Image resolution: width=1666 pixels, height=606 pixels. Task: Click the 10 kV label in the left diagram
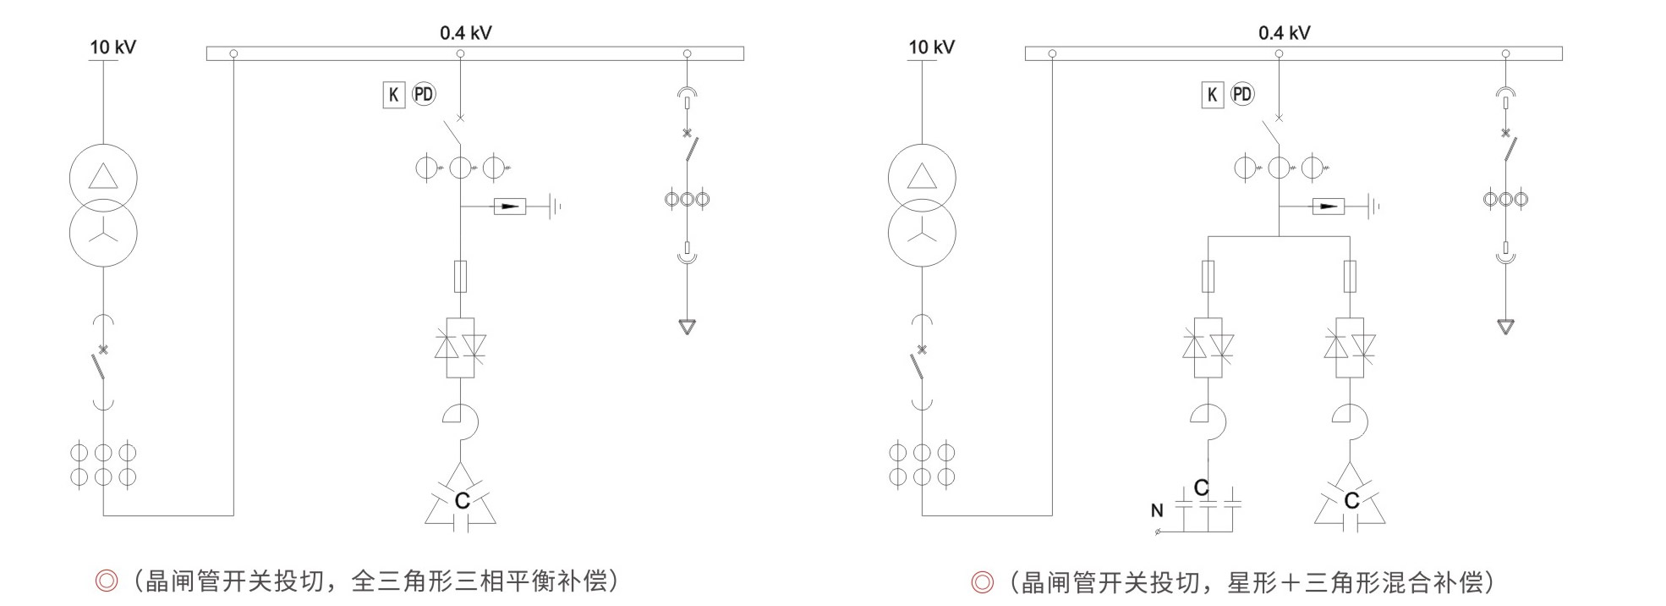(x=113, y=47)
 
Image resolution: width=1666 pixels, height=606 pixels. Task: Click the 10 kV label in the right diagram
(x=932, y=47)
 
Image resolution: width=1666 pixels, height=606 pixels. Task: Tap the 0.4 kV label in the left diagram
(x=465, y=33)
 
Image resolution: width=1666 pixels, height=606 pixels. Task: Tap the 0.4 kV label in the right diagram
(x=1284, y=33)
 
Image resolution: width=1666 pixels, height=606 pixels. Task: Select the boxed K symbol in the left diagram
(x=393, y=95)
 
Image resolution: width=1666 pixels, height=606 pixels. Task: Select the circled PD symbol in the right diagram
(x=1242, y=94)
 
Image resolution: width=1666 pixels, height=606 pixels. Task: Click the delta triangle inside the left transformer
(x=103, y=176)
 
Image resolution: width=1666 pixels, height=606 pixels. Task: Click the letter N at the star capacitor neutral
(x=1157, y=510)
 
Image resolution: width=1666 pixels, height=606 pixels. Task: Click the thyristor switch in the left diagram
(x=460, y=347)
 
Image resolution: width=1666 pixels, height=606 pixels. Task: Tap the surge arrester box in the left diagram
(x=509, y=206)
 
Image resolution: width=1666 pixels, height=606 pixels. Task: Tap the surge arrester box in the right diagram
(x=1328, y=206)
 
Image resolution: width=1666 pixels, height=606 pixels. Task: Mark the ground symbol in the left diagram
(x=555, y=206)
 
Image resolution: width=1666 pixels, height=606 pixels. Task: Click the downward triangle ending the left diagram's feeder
(x=688, y=326)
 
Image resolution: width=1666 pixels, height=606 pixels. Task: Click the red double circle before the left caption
(x=107, y=581)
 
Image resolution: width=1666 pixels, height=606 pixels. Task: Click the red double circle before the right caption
(x=982, y=582)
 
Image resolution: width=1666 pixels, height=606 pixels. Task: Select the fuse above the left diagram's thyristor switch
(x=460, y=276)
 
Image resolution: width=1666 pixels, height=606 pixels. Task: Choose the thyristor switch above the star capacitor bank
(x=1208, y=347)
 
